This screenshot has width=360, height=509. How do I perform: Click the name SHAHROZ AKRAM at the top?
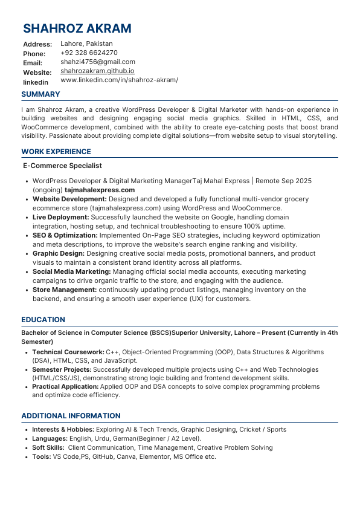click(77, 28)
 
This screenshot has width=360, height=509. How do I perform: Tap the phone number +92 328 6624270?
click(89, 53)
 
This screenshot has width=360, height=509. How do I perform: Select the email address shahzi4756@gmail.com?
click(97, 62)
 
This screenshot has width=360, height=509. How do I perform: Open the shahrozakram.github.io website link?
click(97, 71)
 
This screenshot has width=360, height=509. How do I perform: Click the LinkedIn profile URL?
click(119, 80)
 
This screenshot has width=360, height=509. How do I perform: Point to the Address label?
click(37, 44)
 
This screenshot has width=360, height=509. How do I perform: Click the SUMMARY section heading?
click(40, 94)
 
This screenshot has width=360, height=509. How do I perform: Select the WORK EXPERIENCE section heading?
click(56, 152)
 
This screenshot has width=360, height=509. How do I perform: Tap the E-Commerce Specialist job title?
click(62, 166)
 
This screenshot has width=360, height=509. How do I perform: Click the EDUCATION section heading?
click(43, 320)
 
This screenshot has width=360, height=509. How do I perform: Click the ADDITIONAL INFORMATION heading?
click(71, 416)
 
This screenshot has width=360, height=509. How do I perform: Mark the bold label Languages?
click(50, 438)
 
